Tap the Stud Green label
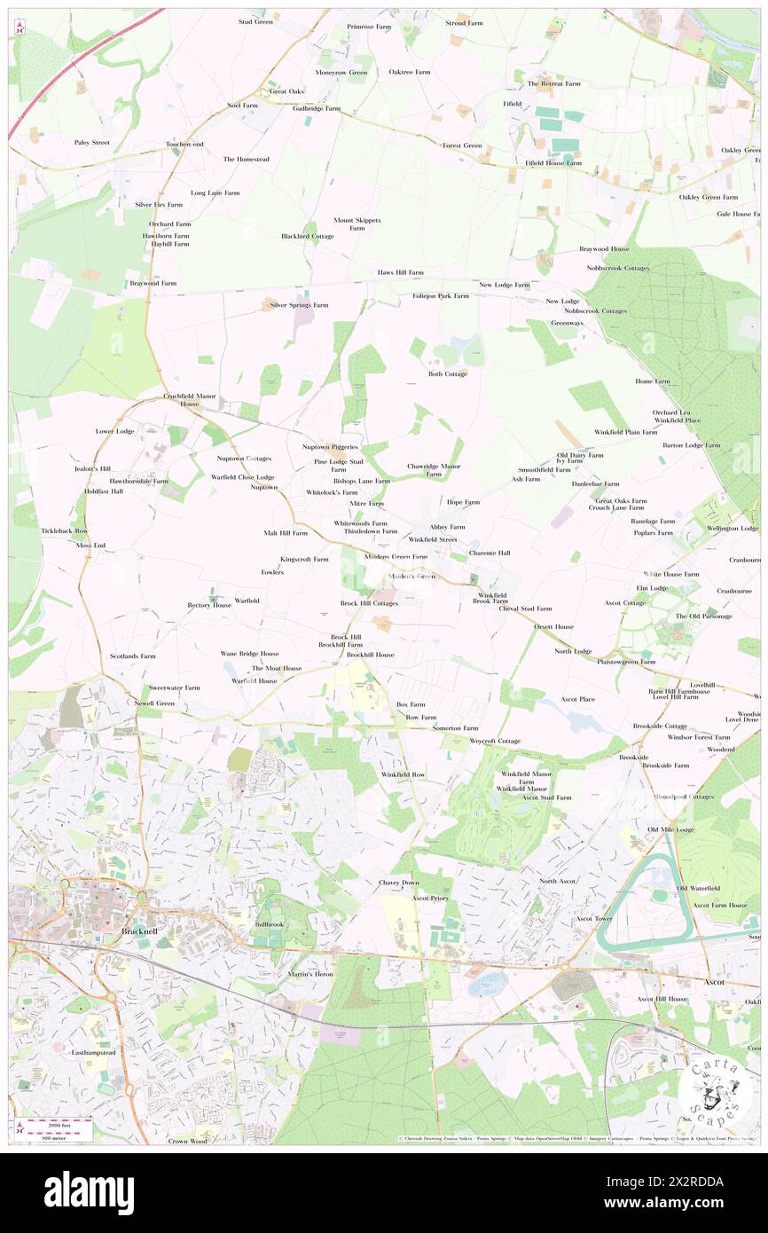point(255,21)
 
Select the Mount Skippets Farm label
point(357,224)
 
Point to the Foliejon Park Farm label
point(440,295)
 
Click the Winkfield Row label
point(403,774)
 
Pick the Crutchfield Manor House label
point(190,399)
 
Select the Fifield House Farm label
point(552,163)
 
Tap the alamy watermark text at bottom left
point(89,1191)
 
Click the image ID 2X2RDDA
point(692,1182)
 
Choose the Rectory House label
point(209,605)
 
